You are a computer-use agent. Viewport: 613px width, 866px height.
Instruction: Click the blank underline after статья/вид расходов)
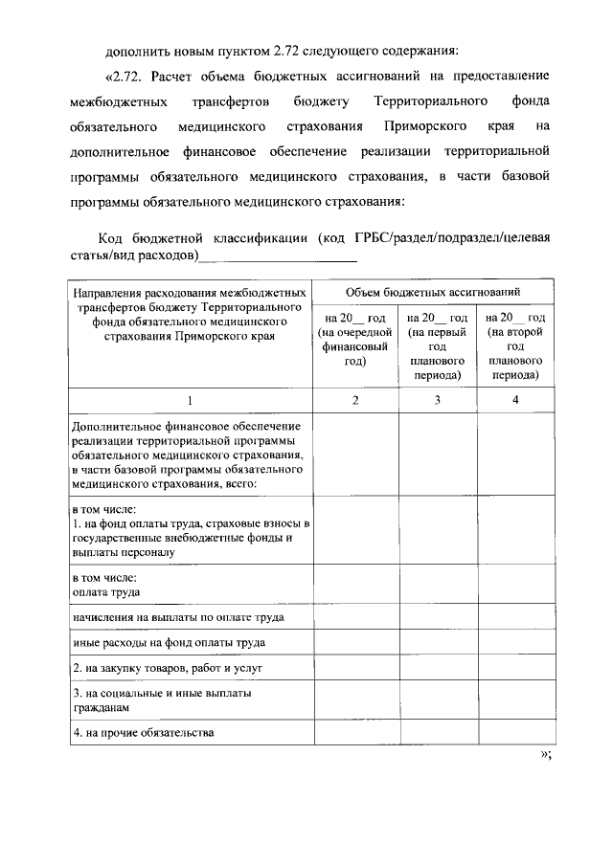coord(279,256)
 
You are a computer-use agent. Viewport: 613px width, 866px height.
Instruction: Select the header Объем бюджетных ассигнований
coord(434,294)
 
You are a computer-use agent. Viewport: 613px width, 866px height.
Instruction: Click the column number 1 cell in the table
coord(189,400)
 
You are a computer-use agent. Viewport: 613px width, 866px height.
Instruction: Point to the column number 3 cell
coord(437,400)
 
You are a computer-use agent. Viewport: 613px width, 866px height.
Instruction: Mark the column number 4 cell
coord(515,400)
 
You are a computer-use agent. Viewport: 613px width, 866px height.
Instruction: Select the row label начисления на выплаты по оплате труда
coord(178,617)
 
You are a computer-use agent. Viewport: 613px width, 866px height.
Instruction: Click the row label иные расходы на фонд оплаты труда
coord(169,642)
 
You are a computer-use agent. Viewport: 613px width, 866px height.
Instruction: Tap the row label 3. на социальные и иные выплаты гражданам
coord(153,699)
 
